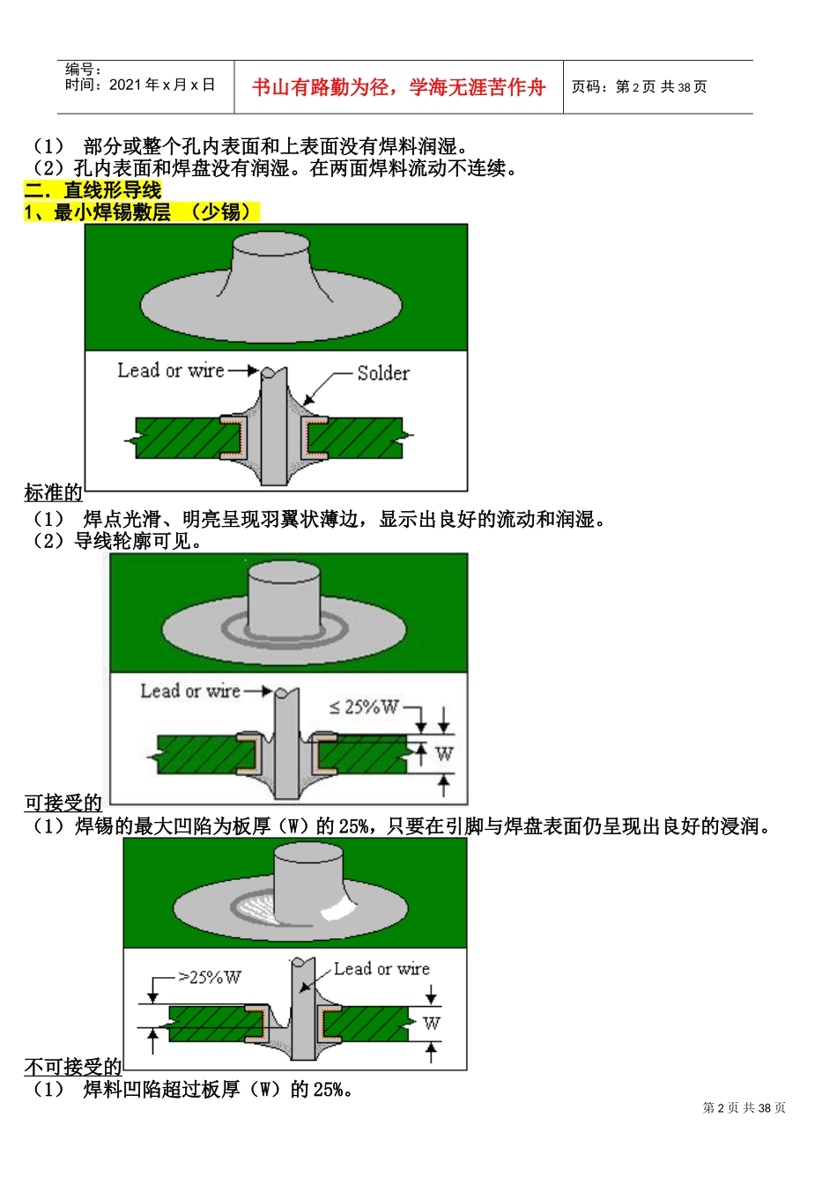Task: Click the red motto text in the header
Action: tap(398, 87)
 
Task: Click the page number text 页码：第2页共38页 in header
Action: tap(639, 86)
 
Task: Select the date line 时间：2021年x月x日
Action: tap(140, 85)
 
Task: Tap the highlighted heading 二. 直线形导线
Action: tap(93, 190)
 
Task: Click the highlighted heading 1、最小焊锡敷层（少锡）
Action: tap(141, 212)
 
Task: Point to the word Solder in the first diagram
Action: tap(383, 373)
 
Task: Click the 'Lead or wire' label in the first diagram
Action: tap(171, 371)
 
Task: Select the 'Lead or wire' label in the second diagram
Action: tap(190, 692)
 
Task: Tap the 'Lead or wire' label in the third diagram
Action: tap(381, 969)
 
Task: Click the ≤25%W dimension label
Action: tap(363, 707)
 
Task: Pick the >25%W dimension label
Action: tap(209, 977)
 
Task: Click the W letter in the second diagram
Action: tap(444, 754)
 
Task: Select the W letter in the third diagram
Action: tap(431, 1024)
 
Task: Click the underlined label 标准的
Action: tap(54, 492)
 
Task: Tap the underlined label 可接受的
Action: tap(63, 803)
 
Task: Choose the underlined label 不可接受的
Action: tap(73, 1067)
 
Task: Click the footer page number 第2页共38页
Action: tap(744, 1108)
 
